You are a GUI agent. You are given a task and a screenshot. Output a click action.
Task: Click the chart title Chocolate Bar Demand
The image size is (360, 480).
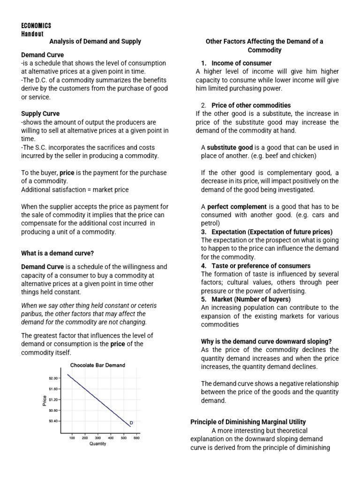click(x=97, y=365)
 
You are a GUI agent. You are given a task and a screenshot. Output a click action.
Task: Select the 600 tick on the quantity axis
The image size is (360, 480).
click(x=136, y=438)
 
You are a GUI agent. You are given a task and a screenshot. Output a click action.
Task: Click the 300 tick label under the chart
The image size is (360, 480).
click(x=98, y=438)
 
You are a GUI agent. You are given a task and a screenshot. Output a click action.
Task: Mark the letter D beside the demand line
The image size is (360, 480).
click(x=131, y=423)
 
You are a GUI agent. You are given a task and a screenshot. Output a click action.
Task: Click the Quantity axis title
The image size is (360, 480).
click(x=97, y=444)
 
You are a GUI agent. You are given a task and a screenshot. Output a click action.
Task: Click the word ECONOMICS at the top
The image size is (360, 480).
click(x=36, y=25)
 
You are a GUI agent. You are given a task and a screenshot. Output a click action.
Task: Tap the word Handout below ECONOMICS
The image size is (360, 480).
click(x=32, y=34)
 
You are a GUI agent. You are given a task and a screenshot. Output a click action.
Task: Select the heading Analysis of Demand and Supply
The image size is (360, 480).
click(x=95, y=42)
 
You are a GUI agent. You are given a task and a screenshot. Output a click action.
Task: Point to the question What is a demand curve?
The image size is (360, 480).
click(x=58, y=253)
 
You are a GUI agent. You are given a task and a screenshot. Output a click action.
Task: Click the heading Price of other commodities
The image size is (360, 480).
click(x=251, y=105)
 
